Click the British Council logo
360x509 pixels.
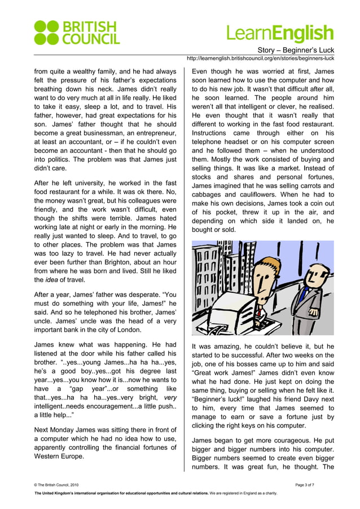76,33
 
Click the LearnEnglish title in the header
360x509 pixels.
280,33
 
